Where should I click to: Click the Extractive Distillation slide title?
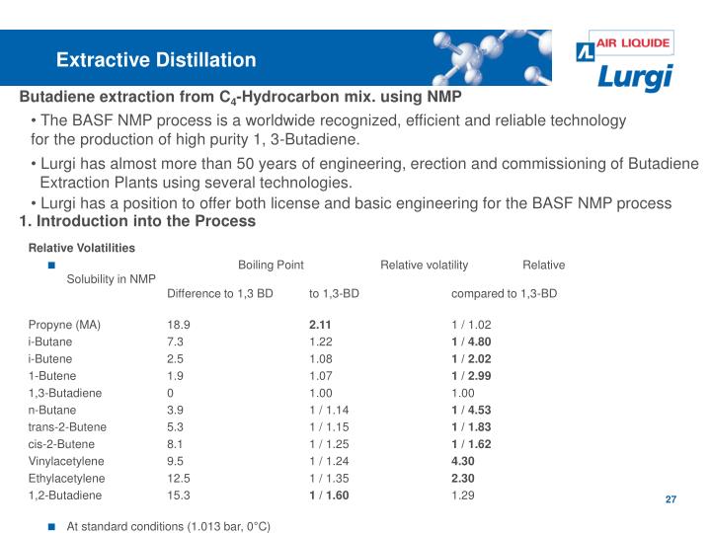pos(156,60)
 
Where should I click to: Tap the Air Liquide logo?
pos(623,44)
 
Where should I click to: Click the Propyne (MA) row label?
pos(64,324)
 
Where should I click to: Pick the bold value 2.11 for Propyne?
pos(321,324)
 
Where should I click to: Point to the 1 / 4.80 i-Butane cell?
pos(471,341)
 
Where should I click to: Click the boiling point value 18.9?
pos(178,324)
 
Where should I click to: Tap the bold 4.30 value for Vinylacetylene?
pos(463,461)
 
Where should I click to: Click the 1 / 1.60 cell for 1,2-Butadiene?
pos(329,495)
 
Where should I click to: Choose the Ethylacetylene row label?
pos(67,478)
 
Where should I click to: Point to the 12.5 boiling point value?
pos(178,478)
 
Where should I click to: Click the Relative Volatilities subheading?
pos(81,247)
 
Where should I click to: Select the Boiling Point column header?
pos(271,265)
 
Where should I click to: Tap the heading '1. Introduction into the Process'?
pos(137,222)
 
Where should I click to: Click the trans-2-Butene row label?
pos(67,426)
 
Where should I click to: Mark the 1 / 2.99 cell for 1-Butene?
pos(471,375)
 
